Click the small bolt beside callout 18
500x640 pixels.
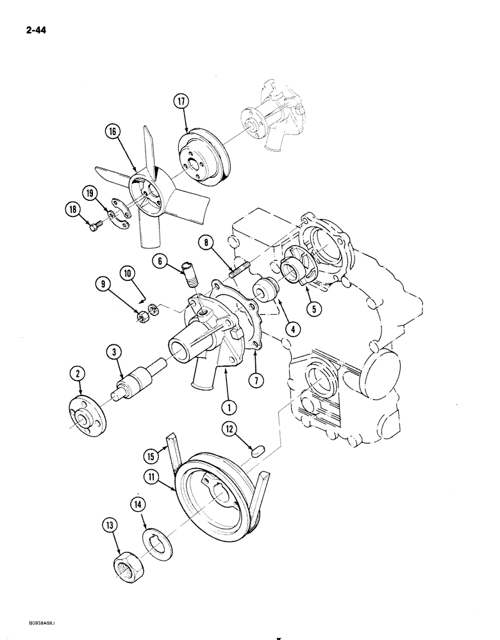pyautogui.click(x=97, y=226)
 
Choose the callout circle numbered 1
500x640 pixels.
pyautogui.click(x=226, y=405)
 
